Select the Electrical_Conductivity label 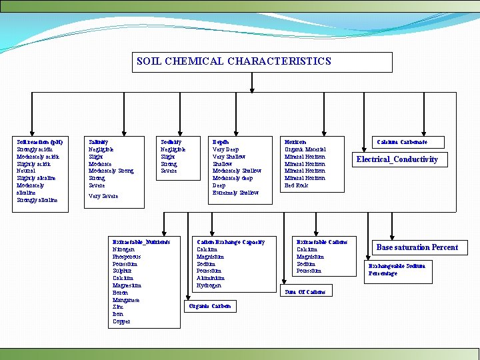[x=397, y=159]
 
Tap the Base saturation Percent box [x=417, y=247]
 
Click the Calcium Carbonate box [x=401, y=142]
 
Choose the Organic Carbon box [x=209, y=306]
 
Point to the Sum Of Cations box [x=305, y=291]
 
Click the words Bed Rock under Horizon [x=296, y=185]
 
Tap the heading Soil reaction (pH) [x=40, y=142]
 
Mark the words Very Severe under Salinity [x=103, y=196]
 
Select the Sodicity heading [x=171, y=142]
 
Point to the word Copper [x=121, y=321]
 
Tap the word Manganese [x=126, y=300]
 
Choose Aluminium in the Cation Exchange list [x=210, y=278]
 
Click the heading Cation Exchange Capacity [x=231, y=242]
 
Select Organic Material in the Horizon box [x=305, y=149]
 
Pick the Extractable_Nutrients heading [x=141, y=242]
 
